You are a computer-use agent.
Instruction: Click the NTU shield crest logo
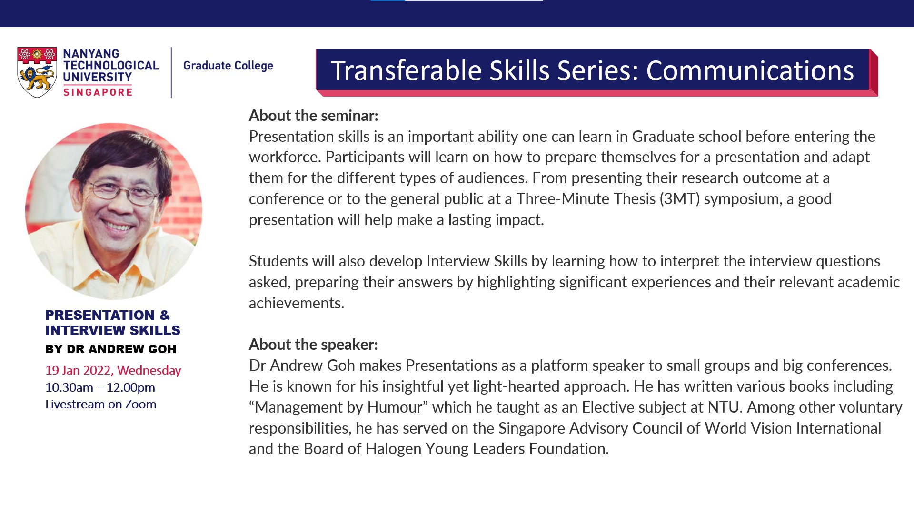(x=37, y=72)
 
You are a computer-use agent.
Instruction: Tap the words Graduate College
(x=228, y=66)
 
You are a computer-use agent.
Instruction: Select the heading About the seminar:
(x=313, y=116)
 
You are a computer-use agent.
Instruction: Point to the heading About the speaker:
(x=313, y=345)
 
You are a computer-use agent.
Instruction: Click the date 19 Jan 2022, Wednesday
(x=113, y=370)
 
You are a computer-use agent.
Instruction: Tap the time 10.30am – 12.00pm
(x=100, y=387)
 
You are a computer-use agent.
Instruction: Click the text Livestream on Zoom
(x=101, y=404)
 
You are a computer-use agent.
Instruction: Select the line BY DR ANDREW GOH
(x=111, y=349)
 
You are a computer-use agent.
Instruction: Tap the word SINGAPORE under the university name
(x=98, y=92)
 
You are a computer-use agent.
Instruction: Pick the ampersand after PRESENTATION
(x=165, y=315)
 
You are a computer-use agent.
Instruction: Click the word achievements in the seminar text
(x=296, y=303)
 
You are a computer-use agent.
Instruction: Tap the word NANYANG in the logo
(x=91, y=54)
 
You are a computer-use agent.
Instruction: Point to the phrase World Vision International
(x=793, y=428)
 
